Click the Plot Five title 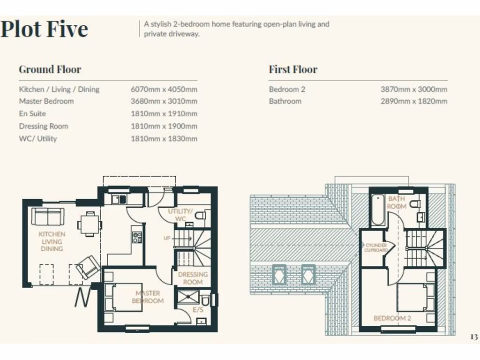click(x=44, y=29)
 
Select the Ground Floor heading click(x=50, y=69)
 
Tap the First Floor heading click(x=293, y=69)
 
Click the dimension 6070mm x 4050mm click(x=164, y=89)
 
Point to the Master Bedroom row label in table click(x=46, y=101)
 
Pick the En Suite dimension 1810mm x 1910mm click(x=164, y=113)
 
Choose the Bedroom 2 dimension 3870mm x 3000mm click(x=413, y=89)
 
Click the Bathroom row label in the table click(x=285, y=101)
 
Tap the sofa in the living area click(x=48, y=217)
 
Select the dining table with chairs click(x=89, y=224)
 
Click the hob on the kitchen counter click(x=137, y=237)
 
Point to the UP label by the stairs click(x=166, y=238)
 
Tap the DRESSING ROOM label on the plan click(x=193, y=278)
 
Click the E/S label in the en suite click(x=197, y=310)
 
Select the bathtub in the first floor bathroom click(x=377, y=210)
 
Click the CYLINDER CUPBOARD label click(x=376, y=247)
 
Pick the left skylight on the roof click(x=279, y=274)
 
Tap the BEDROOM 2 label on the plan click(x=392, y=318)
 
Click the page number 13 click(x=473, y=337)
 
